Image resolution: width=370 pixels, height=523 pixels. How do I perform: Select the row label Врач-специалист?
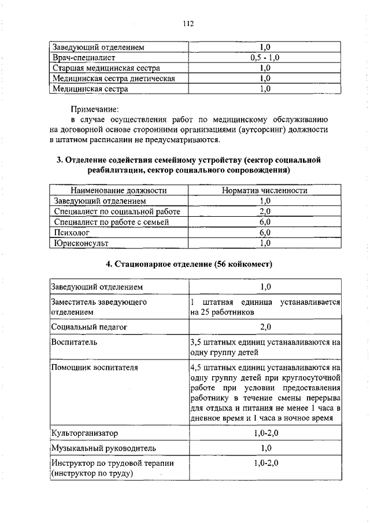[84, 58]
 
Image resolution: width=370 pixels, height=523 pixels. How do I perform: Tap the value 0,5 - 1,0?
[265, 58]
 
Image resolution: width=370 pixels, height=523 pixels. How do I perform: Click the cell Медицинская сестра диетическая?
[113, 79]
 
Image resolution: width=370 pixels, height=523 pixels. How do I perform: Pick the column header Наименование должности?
[119, 190]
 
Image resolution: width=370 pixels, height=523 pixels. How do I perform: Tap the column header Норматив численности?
[265, 190]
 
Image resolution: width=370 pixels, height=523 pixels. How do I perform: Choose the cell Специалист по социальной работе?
[116, 212]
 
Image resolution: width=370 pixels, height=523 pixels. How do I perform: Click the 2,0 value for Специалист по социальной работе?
[265, 212]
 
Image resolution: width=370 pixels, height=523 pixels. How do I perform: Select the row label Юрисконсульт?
[81, 243]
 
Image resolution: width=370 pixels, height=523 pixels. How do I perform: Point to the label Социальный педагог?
[88, 327]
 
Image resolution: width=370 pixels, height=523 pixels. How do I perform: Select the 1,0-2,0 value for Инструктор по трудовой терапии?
[265, 463]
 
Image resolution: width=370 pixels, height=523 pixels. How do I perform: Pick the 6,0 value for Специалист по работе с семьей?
[265, 222]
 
